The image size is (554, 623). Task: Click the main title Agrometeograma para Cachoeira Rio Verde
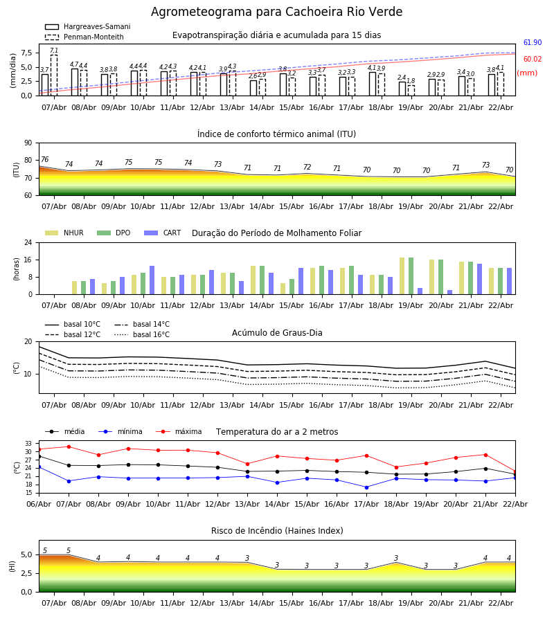pyautogui.click(x=276, y=12)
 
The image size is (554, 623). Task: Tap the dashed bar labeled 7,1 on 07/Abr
pyautogui.click(x=54, y=75)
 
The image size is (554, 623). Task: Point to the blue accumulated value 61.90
pyautogui.click(x=533, y=43)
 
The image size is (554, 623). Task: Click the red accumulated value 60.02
pyautogui.click(x=533, y=60)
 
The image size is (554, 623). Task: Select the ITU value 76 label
pyautogui.click(x=44, y=160)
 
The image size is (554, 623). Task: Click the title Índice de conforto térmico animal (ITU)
pyautogui.click(x=276, y=134)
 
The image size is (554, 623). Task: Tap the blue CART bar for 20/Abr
pyautogui.click(x=449, y=292)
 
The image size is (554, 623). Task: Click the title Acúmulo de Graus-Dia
pyautogui.click(x=277, y=333)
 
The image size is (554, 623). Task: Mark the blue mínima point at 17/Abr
pyautogui.click(x=366, y=487)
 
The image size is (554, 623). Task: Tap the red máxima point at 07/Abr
pyautogui.click(x=69, y=446)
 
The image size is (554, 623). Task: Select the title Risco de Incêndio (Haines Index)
pyautogui.click(x=277, y=531)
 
